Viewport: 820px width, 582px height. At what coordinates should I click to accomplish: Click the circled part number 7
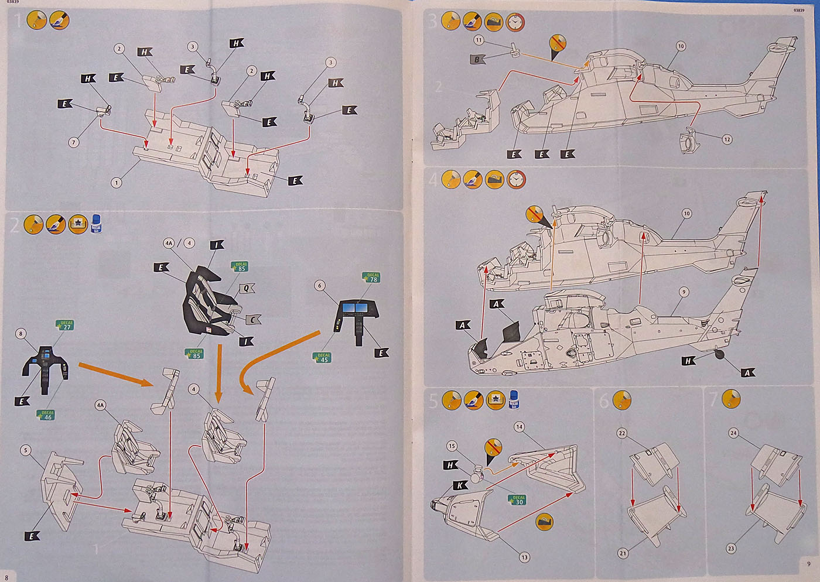tap(74, 142)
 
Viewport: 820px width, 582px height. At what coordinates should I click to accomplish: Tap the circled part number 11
tap(479, 40)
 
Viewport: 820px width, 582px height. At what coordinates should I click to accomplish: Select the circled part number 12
tap(727, 139)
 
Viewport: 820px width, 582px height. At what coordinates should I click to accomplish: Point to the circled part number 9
tap(684, 292)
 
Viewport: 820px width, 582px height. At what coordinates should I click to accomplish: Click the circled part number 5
tap(25, 450)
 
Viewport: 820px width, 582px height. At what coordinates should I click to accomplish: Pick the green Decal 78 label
tap(372, 277)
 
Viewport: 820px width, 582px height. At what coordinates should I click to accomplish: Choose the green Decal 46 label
tap(46, 415)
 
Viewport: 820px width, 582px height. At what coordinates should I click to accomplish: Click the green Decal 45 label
tap(323, 357)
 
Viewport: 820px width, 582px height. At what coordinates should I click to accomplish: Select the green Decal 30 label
tap(518, 500)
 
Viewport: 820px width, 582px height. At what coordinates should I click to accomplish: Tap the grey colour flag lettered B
tap(478, 59)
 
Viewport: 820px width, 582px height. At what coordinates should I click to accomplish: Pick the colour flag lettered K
tap(460, 485)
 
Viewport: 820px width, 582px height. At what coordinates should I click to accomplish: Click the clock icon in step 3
tap(514, 22)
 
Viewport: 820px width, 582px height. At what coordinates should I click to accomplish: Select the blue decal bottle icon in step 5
tap(514, 400)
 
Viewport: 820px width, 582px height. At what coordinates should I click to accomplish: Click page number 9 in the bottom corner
tap(808, 564)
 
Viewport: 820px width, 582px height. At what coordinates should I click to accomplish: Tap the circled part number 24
tap(733, 433)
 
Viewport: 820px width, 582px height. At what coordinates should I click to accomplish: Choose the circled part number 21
tap(623, 553)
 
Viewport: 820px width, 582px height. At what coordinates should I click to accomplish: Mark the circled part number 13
tap(524, 557)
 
